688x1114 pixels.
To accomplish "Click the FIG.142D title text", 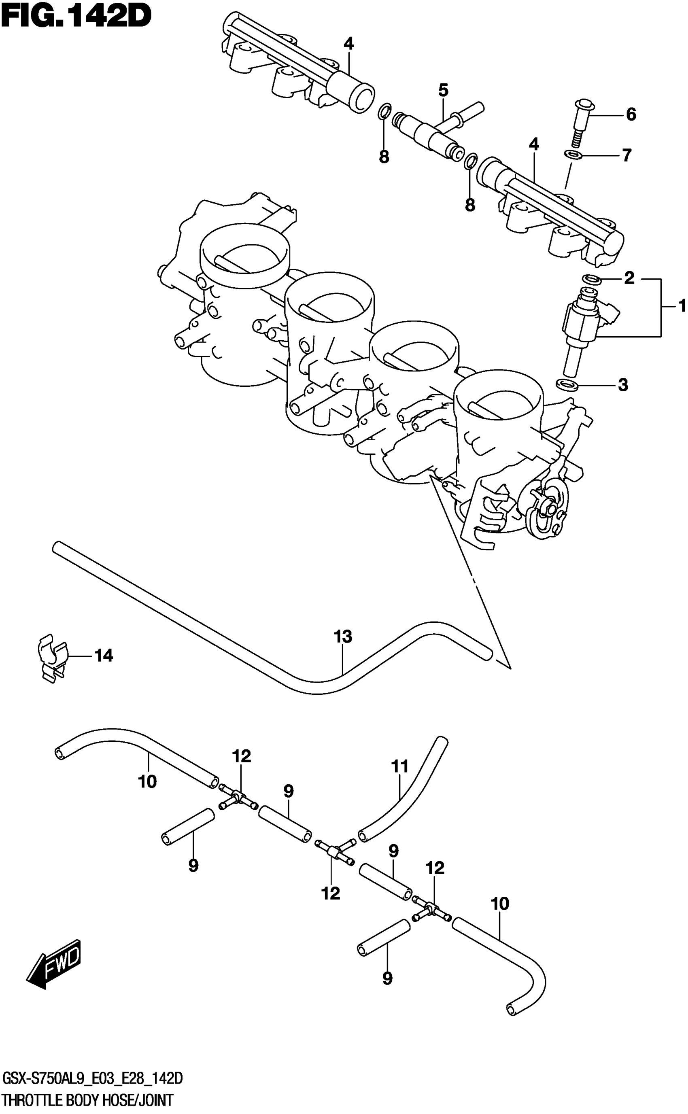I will (x=76, y=17).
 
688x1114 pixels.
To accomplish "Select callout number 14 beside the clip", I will (x=103, y=656).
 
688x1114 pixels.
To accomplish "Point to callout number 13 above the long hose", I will (x=343, y=637).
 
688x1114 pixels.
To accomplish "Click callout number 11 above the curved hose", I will (x=400, y=766).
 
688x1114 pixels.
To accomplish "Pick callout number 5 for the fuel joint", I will (x=443, y=90).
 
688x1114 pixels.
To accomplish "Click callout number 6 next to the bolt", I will (x=631, y=114).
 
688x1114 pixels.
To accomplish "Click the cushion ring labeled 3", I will (x=567, y=384).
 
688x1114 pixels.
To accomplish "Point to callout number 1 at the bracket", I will (x=681, y=306).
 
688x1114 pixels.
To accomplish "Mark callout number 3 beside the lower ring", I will (x=622, y=385).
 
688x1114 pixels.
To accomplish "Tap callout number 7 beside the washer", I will (x=626, y=155).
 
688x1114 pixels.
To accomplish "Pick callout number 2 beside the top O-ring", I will (x=629, y=278).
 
